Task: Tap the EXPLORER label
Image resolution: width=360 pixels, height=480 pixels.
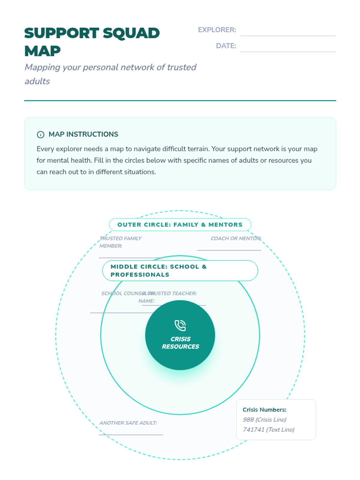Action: click(217, 30)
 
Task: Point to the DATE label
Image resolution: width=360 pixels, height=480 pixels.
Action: click(226, 46)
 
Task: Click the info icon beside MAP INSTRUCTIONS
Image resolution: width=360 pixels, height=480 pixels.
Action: click(40, 134)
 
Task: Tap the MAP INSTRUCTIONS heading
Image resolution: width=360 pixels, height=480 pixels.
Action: click(83, 134)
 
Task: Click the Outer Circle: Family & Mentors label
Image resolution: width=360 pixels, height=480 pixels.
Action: click(180, 225)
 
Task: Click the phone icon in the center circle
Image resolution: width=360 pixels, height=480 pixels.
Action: click(180, 325)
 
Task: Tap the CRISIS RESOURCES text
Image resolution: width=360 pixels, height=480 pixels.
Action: click(180, 343)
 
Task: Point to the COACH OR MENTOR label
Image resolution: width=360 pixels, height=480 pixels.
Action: click(236, 238)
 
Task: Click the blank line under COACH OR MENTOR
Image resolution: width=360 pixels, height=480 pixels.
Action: click(229, 250)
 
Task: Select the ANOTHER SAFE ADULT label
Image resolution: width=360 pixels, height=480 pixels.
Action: click(128, 423)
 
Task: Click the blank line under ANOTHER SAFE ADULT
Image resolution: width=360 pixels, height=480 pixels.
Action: click(131, 434)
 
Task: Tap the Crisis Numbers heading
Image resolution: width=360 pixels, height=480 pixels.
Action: click(264, 410)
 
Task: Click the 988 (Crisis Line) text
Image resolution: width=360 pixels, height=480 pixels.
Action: click(264, 420)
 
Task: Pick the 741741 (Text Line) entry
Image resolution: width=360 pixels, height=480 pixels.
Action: click(268, 430)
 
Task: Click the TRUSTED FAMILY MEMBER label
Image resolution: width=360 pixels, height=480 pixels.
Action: click(120, 242)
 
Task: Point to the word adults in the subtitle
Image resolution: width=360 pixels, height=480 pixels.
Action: click(37, 81)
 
